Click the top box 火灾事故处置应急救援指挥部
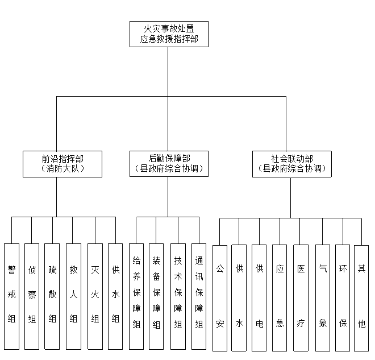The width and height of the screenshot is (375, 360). click(169, 34)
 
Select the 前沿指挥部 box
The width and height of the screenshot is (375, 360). click(63, 163)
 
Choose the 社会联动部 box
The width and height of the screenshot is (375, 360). click(291, 163)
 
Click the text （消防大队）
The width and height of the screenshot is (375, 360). click(63, 169)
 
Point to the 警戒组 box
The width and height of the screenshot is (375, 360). click(11, 296)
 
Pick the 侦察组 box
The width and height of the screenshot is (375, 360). click(32, 296)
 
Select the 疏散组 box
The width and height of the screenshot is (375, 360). click(52, 296)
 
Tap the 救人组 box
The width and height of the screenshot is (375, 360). click(73, 296)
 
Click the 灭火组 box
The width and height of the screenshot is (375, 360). click(95, 296)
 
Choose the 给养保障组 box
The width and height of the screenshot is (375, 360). click(136, 296)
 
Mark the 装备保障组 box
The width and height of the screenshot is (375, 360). click(156, 296)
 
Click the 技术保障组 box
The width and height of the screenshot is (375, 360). click(178, 296)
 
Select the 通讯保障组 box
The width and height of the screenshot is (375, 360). click(199, 296)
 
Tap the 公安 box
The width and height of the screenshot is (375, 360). click(220, 297)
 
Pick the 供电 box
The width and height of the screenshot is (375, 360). click(259, 297)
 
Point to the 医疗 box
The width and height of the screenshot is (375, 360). click(301, 297)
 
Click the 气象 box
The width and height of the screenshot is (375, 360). click(323, 297)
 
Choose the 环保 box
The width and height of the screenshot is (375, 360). click(343, 297)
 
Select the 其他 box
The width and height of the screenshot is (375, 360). click(361, 297)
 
